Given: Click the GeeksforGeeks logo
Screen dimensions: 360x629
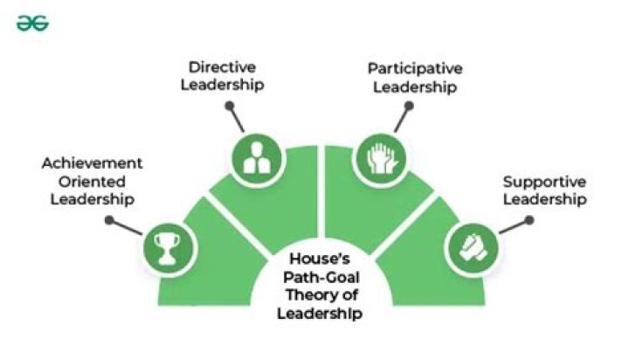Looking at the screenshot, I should tap(32, 24).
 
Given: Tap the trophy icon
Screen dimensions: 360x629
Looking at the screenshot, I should tap(165, 246).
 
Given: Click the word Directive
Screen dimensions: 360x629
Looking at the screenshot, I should tap(222, 67).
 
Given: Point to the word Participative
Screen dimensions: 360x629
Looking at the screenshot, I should tap(414, 67).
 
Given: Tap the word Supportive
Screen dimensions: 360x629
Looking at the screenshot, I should tap(543, 183).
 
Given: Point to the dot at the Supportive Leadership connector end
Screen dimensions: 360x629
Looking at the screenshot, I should tap(531, 219).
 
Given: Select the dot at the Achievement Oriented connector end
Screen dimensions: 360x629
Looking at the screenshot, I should tap(109, 219).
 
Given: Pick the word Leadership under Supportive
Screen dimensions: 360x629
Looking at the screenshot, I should tap(543, 201).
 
